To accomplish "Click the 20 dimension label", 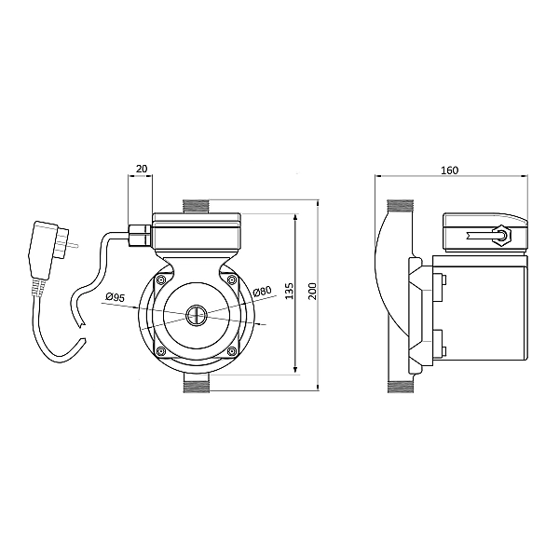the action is [x=142, y=169].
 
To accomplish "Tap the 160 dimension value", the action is [x=450, y=170].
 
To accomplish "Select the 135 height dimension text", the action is [x=290, y=291].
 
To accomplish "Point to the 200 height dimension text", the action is [x=312, y=291].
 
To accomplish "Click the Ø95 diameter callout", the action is [x=116, y=296].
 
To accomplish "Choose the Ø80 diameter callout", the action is [x=263, y=292].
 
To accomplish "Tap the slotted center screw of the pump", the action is [x=196, y=315].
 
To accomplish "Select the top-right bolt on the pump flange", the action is [x=232, y=279].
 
